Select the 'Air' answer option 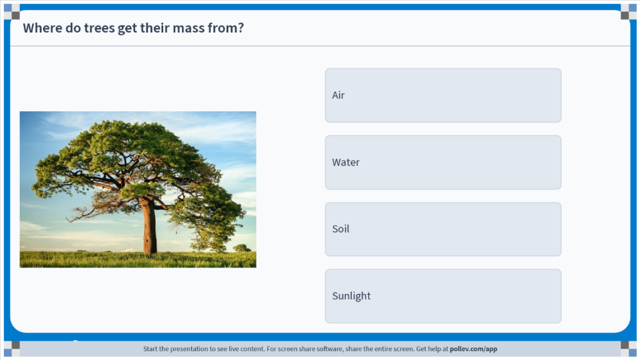coord(443,95)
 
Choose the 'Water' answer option coord(443,162)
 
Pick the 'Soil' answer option coord(443,229)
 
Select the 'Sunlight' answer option coord(443,296)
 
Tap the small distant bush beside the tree coord(242,247)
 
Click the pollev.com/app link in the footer coord(474,349)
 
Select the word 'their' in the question coord(155,27)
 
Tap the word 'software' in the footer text coord(315,349)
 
